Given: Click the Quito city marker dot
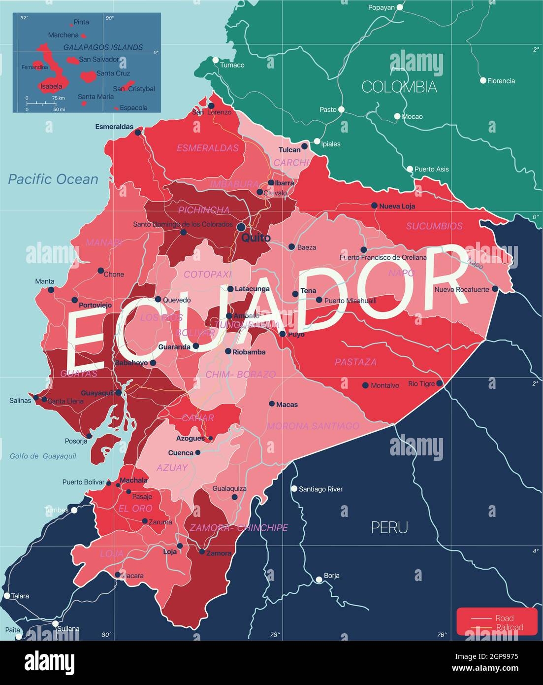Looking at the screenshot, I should (241, 227).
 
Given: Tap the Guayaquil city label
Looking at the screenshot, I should (97, 393).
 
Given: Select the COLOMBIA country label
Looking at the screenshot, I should (399, 87).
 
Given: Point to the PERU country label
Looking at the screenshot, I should (389, 527).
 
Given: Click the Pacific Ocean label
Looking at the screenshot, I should (53, 179).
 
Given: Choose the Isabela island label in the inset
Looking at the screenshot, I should (51, 86).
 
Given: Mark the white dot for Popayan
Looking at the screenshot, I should (400, 7).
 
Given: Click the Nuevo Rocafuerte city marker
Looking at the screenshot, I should (495, 289).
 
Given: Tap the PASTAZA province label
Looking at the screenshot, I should (355, 362).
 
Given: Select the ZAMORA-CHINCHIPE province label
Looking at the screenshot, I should (239, 527).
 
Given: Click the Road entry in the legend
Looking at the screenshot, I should (504, 618).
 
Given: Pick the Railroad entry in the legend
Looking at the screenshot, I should (510, 627).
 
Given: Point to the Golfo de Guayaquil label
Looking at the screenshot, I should (43, 456).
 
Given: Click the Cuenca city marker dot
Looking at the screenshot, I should (198, 452).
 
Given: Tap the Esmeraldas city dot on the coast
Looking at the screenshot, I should (138, 132).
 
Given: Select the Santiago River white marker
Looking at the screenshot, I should (294, 489).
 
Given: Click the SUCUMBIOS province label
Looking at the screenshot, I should (434, 226).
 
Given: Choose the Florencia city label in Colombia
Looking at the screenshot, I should (501, 81).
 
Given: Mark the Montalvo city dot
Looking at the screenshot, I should (365, 385).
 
